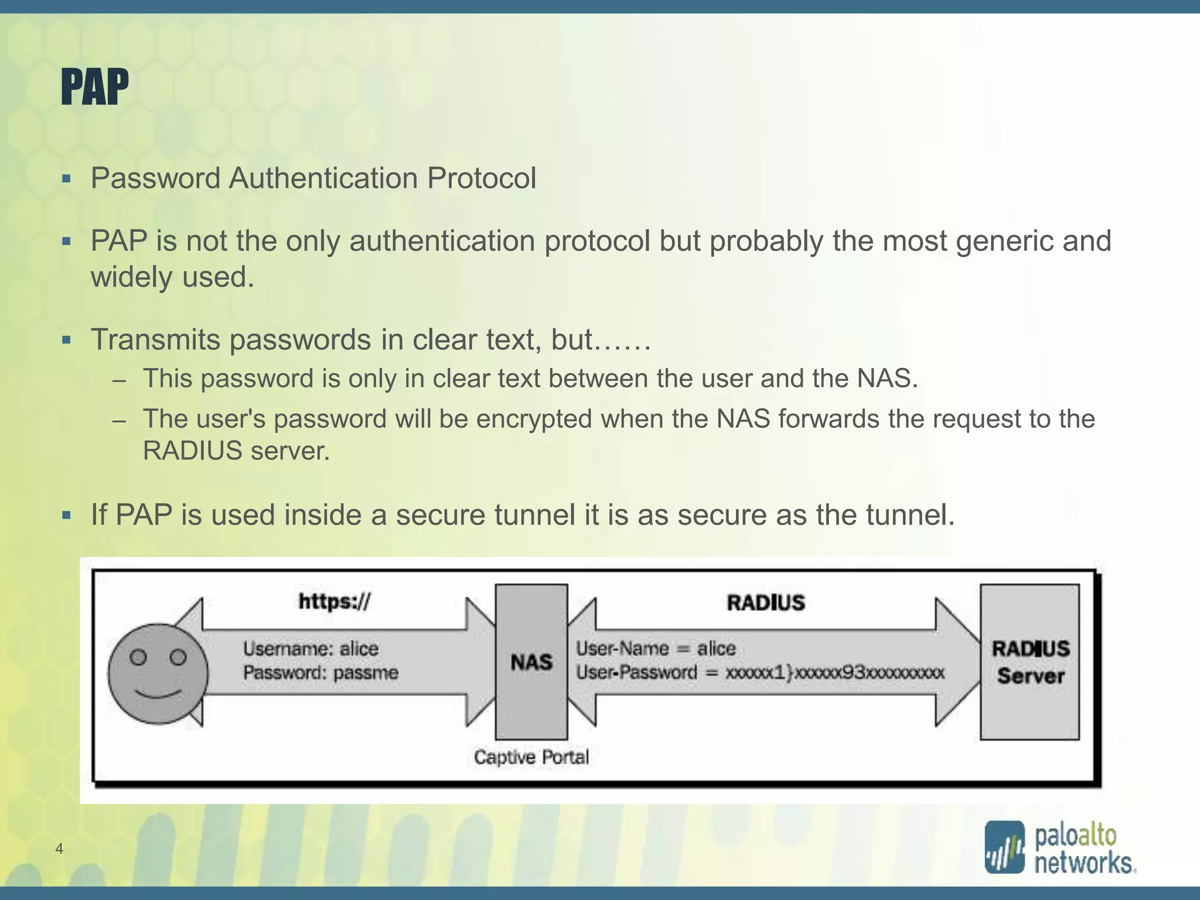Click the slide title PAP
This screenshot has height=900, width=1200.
[x=94, y=87]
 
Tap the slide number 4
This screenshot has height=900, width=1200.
[x=59, y=848]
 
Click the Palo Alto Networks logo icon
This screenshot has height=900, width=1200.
[x=1004, y=847]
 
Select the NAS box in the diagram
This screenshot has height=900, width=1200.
[x=531, y=662]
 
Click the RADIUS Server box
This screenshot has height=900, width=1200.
[x=1030, y=662]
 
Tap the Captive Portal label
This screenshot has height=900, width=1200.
[x=531, y=757]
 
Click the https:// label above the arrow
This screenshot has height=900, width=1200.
[x=335, y=602]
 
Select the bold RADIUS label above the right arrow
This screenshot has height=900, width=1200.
[x=766, y=603]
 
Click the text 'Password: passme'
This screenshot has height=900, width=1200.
[x=321, y=673]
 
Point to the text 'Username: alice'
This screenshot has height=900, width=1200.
[x=311, y=649]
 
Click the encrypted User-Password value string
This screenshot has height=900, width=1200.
[x=835, y=673]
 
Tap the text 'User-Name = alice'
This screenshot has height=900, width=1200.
[x=656, y=649]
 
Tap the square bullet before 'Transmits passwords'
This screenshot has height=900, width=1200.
[x=66, y=340]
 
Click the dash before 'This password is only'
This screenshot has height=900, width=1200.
[x=120, y=380]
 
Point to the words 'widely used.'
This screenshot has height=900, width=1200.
[x=172, y=277]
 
